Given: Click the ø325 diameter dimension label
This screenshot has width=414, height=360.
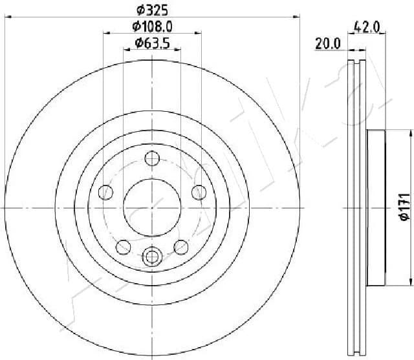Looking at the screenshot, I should click(151, 10).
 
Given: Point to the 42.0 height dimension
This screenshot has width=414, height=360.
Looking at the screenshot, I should click(366, 26).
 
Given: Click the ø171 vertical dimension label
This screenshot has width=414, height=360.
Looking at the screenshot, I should click(403, 207).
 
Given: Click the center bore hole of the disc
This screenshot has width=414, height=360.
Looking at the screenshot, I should click(151, 207).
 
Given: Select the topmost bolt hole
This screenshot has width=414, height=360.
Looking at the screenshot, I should click(151, 157).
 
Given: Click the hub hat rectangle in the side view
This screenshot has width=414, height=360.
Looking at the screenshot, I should click(376, 207).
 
